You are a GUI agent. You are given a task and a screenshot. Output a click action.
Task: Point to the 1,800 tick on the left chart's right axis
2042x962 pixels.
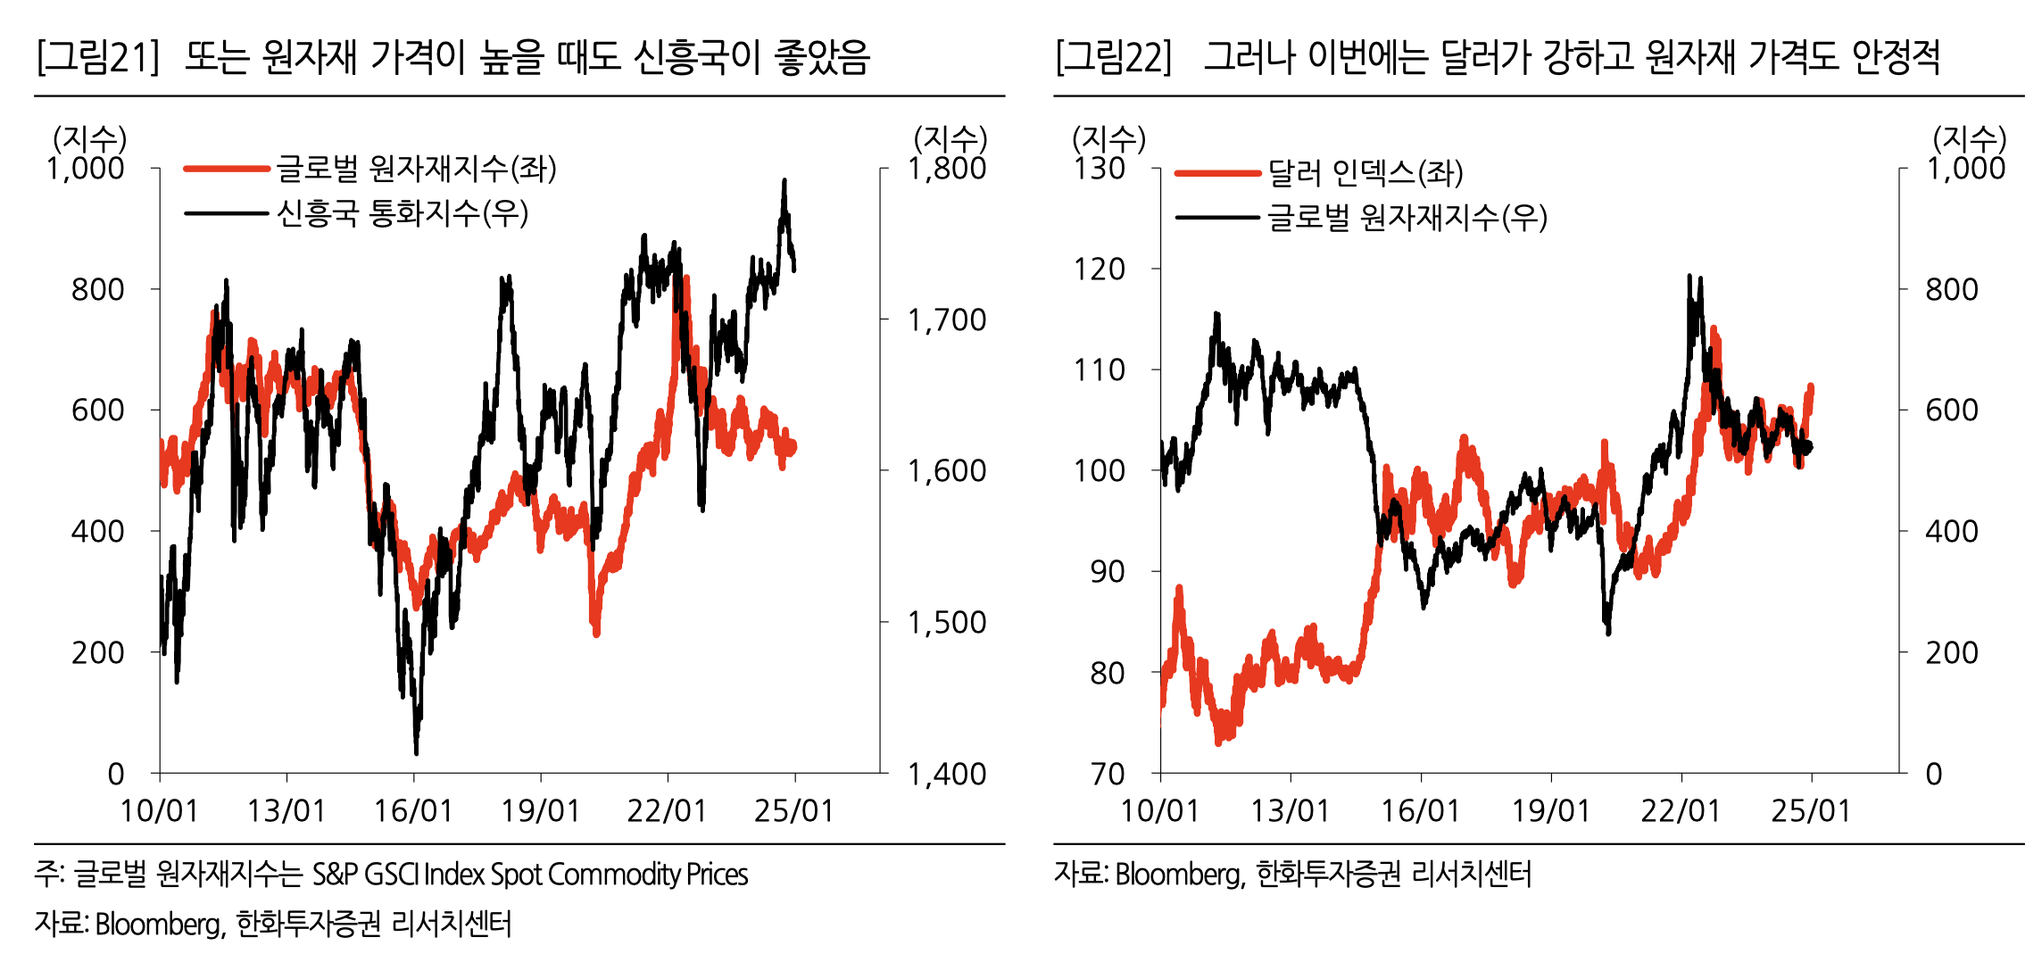click(946, 169)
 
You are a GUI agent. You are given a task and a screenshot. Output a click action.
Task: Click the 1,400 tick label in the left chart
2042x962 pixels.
click(946, 774)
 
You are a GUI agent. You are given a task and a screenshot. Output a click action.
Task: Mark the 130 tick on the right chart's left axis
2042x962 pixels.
click(1100, 169)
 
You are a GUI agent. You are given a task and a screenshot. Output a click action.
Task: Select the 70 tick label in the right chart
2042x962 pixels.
click(1108, 774)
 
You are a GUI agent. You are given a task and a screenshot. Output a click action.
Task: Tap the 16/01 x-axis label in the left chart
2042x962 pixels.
click(413, 811)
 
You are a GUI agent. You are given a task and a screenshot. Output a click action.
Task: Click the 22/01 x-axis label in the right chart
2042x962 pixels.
click(1681, 811)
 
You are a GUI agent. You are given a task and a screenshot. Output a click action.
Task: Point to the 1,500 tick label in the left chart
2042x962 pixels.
click(946, 622)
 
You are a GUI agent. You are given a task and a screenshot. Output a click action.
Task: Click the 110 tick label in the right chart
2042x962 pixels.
click(1100, 369)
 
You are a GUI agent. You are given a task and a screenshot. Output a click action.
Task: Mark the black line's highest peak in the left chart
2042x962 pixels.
click(784, 181)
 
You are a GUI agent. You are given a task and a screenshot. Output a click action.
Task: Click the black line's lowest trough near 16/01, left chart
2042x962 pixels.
click(416, 752)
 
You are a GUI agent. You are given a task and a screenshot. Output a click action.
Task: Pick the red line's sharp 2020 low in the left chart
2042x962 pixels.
click(596, 634)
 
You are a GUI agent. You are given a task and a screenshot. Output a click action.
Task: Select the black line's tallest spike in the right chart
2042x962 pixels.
click(1689, 277)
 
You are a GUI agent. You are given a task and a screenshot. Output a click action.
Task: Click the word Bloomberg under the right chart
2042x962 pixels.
click(1178, 875)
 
